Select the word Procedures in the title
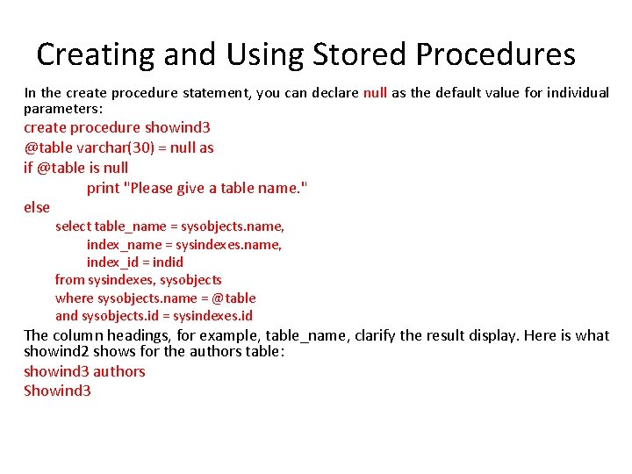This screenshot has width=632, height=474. (x=496, y=54)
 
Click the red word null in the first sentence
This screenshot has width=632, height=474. (x=375, y=93)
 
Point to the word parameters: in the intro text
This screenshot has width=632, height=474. (x=63, y=109)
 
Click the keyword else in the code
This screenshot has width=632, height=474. (x=37, y=207)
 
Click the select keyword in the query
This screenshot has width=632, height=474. (x=73, y=226)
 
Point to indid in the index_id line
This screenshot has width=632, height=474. (x=168, y=262)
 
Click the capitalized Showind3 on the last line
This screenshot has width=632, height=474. (x=57, y=391)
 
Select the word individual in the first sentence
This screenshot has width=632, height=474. (x=578, y=93)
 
